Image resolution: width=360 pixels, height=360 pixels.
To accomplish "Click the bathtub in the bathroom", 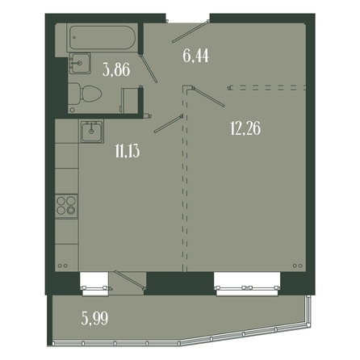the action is (102, 37).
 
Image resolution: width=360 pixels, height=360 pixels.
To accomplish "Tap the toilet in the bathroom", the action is (85, 94).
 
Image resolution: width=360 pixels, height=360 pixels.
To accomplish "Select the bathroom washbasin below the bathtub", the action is (80, 63).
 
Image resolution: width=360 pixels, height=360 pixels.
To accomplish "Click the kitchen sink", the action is (91, 132).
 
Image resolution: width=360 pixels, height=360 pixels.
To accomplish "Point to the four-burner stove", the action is (66, 206).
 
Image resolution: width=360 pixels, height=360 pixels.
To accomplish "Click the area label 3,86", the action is (116, 69).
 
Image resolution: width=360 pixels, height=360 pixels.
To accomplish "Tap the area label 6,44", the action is (196, 56).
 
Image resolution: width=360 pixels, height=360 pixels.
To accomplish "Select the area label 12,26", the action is (245, 128).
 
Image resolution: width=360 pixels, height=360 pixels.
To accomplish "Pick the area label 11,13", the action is (128, 151).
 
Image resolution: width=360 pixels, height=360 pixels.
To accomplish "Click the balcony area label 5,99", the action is (94, 318).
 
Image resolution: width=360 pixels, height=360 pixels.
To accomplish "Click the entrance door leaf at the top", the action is (190, 31).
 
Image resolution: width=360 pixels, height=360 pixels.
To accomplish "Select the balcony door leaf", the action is (130, 280).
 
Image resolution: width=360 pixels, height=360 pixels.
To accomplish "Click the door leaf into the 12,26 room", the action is (208, 96).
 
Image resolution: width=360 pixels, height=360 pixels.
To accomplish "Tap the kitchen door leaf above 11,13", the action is (169, 123).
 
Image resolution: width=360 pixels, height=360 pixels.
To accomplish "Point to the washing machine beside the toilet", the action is (131, 100).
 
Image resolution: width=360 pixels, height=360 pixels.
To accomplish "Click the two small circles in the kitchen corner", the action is (62, 266).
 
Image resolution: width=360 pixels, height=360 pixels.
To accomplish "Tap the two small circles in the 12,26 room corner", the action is (298, 266).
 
